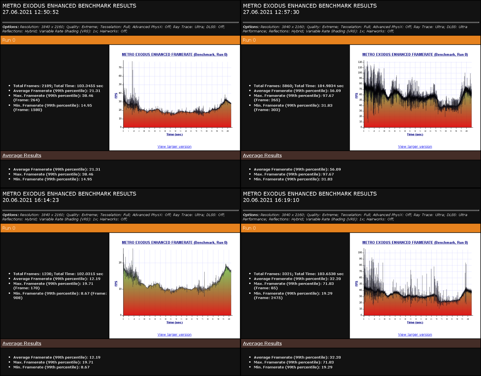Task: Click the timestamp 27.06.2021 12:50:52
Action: [30, 12]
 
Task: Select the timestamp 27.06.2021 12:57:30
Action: [271, 12]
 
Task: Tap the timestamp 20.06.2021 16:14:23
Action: [30, 200]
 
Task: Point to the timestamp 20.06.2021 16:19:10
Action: [271, 200]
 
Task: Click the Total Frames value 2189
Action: [46, 86]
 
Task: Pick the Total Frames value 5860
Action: [287, 86]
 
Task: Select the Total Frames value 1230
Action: [46, 274]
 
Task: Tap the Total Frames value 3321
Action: [287, 274]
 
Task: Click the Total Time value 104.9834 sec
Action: [330, 86]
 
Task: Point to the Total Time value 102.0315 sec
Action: [90, 274]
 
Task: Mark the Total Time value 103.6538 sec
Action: [330, 274]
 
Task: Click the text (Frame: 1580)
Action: [28, 110]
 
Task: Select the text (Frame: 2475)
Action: [268, 298]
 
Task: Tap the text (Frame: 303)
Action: [267, 110]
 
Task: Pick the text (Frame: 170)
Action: [26, 288]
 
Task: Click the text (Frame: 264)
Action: [26, 100]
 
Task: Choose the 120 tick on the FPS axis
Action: [360, 62]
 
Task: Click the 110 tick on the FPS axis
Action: [360, 67]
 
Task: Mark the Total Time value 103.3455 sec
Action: [90, 86]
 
